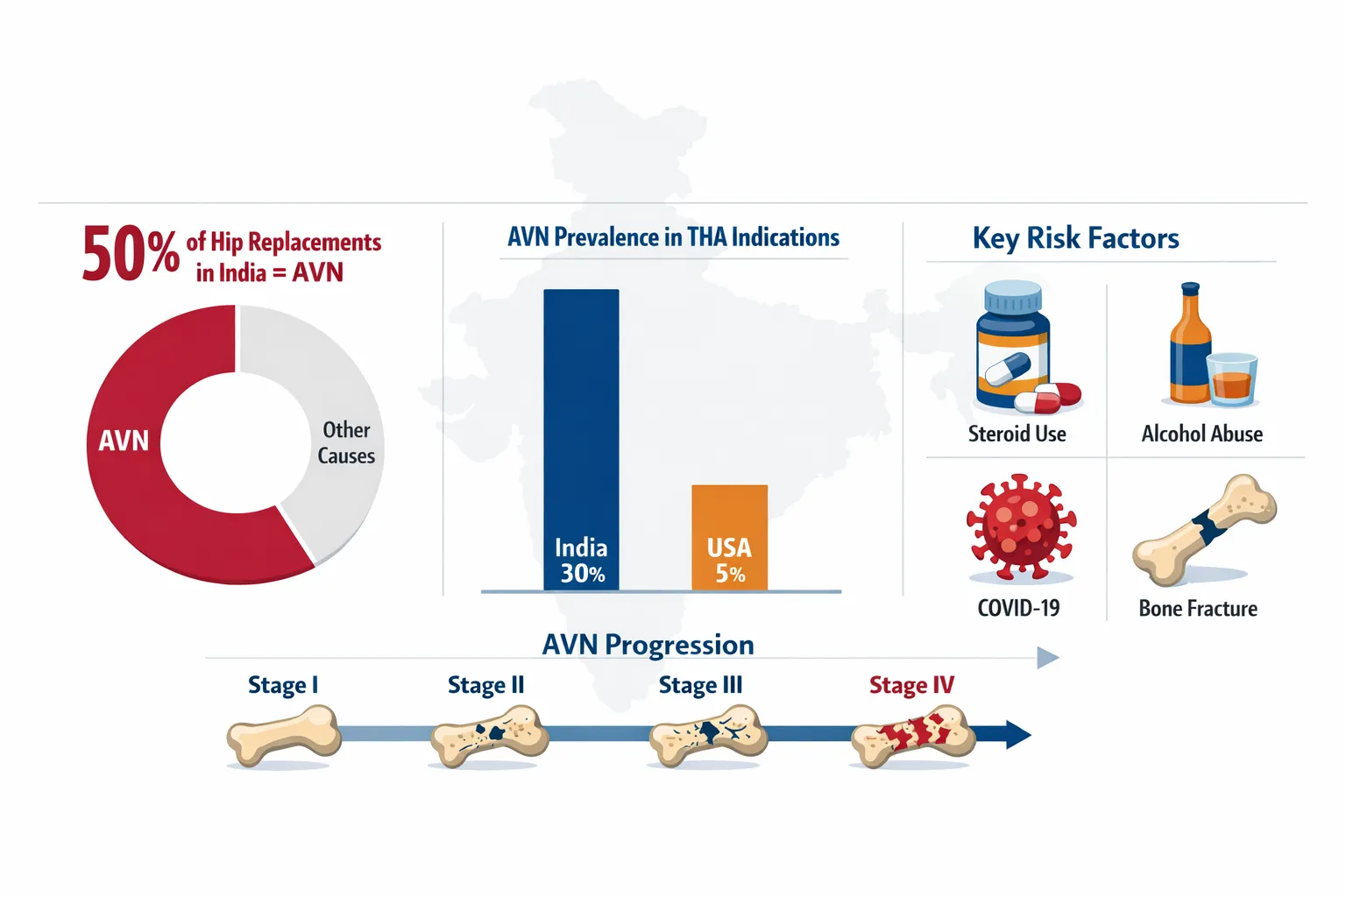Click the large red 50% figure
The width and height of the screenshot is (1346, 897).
pos(131,253)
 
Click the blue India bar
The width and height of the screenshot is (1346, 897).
pos(581,440)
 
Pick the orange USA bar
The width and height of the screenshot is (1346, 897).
pos(729,538)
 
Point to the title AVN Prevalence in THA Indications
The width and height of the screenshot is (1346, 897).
pos(673,237)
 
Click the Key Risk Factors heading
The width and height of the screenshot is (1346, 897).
pos(1075,238)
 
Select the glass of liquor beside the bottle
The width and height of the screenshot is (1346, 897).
pos(1232,378)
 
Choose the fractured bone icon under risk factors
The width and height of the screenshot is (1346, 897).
pos(1204,529)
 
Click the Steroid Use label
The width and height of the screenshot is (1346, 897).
pos(1017,434)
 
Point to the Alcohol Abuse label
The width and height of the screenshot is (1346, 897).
pos(1201,434)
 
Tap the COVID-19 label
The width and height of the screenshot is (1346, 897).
pos(1018,608)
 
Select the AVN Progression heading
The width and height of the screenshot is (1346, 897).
pos(648,646)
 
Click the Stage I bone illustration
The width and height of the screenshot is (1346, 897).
pos(284,736)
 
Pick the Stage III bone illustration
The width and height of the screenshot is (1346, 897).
pos(708,736)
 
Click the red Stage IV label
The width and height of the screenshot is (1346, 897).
pos(911,685)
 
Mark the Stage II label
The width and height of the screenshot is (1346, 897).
pos(485,685)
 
